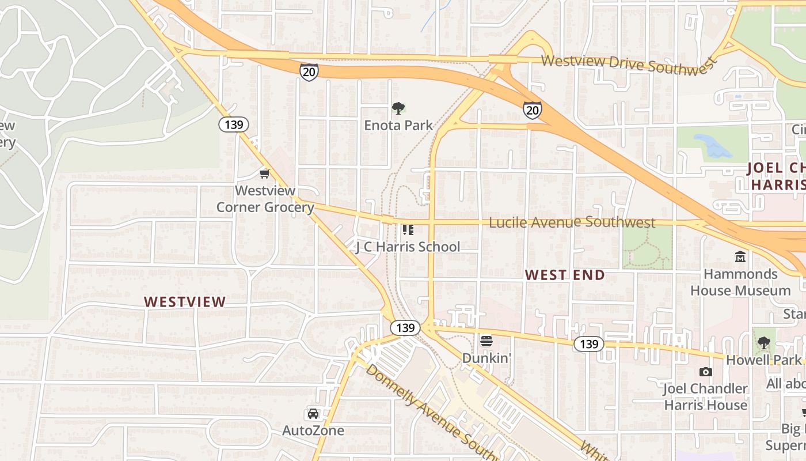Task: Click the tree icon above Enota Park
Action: point(398,108)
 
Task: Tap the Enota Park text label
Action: point(398,125)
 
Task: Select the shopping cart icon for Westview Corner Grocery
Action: point(265,173)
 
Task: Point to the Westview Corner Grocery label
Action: point(265,199)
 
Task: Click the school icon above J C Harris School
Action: point(408,230)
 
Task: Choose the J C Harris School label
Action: point(408,247)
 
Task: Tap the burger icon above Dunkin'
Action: point(486,341)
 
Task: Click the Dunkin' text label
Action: point(486,358)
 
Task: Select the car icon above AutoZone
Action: point(313,414)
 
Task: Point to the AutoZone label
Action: point(313,430)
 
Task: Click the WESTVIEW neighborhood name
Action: point(185,301)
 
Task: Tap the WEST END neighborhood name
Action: point(565,275)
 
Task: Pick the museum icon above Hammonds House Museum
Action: point(740,256)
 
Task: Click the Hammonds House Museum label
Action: point(740,282)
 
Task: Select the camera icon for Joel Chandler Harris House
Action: point(706,372)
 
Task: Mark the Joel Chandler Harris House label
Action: point(706,396)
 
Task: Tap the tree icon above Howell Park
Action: point(764,343)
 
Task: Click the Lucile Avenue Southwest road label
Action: point(572,222)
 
